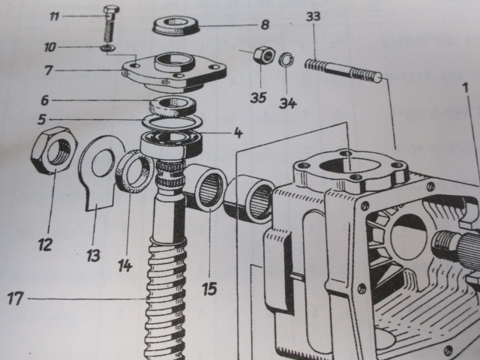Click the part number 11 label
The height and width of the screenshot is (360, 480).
(x=75, y=16)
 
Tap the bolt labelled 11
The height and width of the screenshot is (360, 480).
(x=108, y=23)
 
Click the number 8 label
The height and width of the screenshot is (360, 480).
(x=264, y=25)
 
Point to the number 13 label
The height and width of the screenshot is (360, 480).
(x=93, y=255)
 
